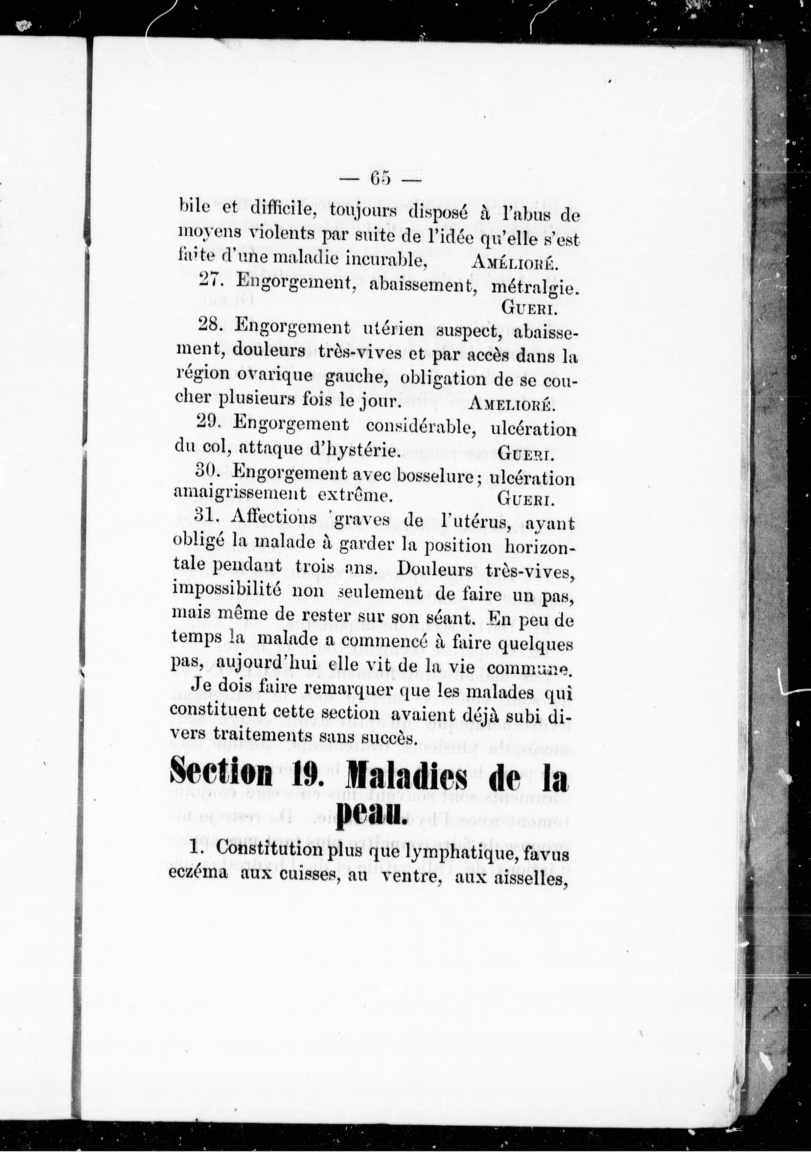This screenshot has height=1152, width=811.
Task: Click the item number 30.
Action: pos(210,472)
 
